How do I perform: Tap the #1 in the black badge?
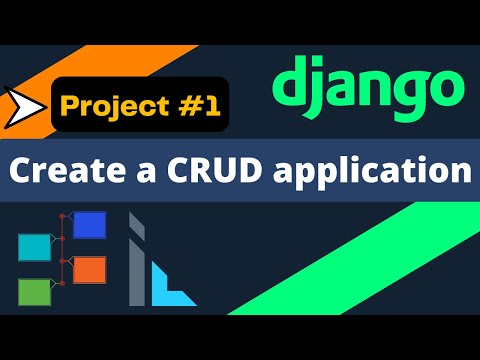pyautogui.click(x=191, y=104)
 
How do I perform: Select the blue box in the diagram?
pyautogui.click(x=90, y=224)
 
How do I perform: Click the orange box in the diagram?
pyautogui.click(x=90, y=269)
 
